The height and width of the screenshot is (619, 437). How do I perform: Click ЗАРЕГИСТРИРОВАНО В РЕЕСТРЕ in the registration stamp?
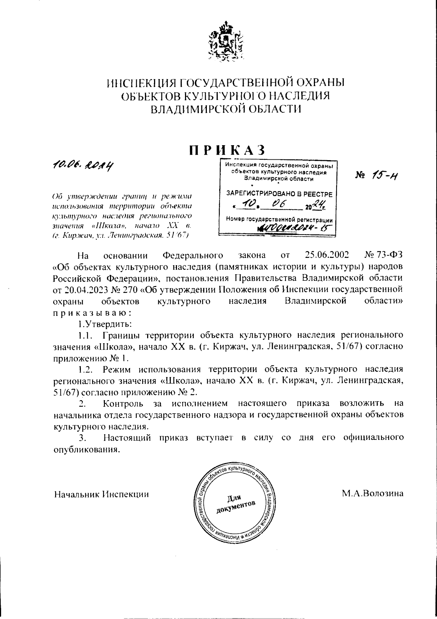[x=279, y=194]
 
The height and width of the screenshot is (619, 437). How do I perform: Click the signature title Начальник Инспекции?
[x=101, y=494]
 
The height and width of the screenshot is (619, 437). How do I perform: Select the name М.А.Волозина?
[x=372, y=494]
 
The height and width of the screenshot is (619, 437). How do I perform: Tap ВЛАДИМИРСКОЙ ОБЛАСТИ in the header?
[x=225, y=109]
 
